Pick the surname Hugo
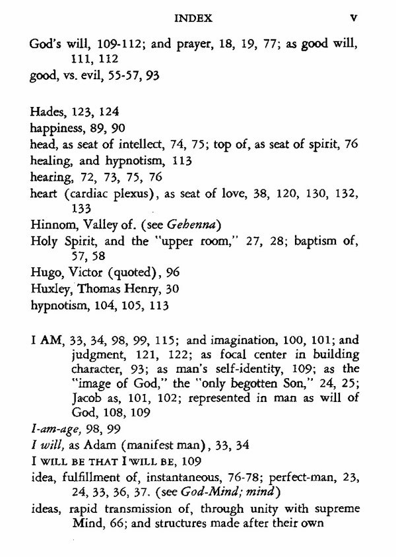pos(46,273)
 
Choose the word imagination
pos(233,342)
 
